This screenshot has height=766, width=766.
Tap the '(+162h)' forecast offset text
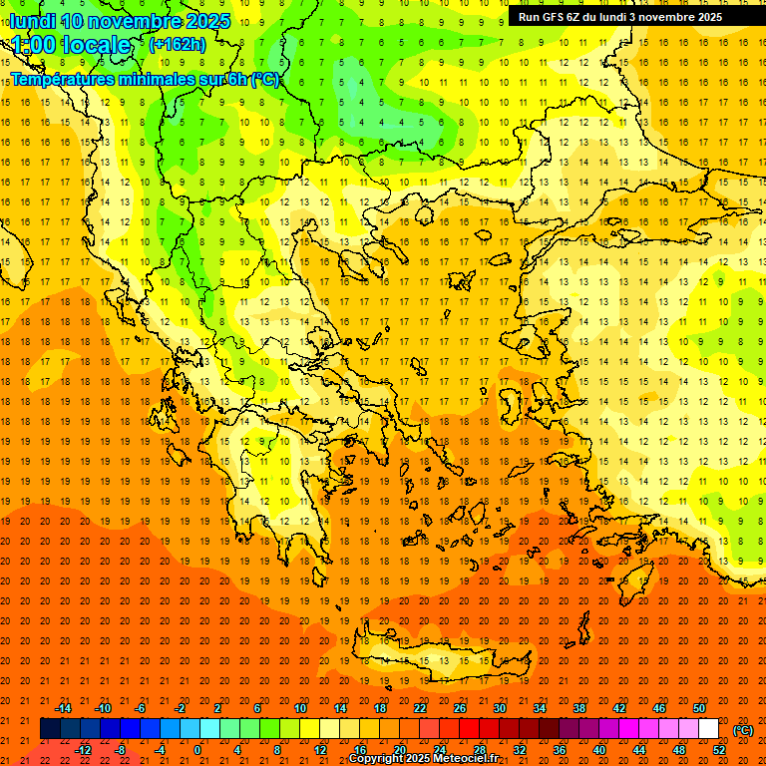pos(178,44)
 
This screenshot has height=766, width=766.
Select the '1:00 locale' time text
pos(72,45)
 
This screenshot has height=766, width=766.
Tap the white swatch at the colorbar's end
pos(708,729)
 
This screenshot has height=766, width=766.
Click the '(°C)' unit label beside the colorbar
pos(743,730)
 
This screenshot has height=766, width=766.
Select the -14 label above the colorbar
pos(64,708)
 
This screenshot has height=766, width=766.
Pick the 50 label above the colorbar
pos(699,708)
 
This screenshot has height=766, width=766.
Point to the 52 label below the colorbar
pos(719,750)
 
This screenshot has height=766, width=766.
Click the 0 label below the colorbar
pos(197,750)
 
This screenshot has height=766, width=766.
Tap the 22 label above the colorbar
pos(420,708)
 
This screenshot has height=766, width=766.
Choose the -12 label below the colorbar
pos(83,750)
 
